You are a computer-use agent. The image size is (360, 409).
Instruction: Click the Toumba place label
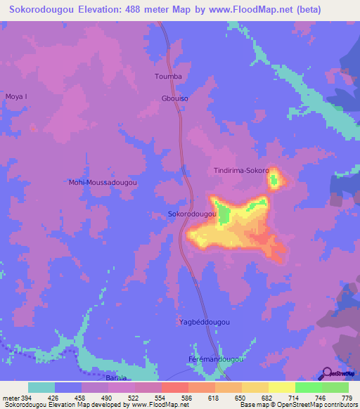(168, 76)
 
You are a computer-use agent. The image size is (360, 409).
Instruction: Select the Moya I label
(15, 96)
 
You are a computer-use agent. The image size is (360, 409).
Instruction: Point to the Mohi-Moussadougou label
(102, 182)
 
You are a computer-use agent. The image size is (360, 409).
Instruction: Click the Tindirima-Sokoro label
(242, 171)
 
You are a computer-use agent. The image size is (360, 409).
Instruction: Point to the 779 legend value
(345, 397)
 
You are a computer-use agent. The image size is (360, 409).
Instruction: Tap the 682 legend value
(254, 397)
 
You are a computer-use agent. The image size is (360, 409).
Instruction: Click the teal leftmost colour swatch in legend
(41, 387)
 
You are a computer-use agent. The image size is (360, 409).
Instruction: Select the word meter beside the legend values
(10, 397)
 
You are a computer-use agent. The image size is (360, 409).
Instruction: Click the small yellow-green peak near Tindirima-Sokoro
(274, 181)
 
